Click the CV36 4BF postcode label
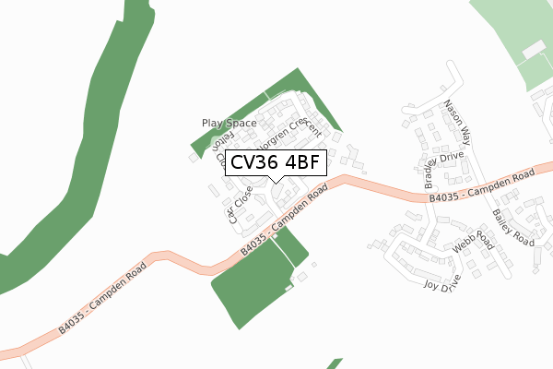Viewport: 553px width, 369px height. pyautogui.click(x=276, y=163)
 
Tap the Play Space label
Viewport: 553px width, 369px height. pyautogui.click(x=229, y=123)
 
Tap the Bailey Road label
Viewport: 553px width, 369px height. pyautogui.click(x=512, y=227)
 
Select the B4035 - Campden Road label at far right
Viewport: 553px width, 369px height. pyautogui.click(x=482, y=187)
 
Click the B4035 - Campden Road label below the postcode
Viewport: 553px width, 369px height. pyautogui.click(x=284, y=220)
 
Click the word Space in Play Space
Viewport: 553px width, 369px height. pyautogui.click(x=243, y=123)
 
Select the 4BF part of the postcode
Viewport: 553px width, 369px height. pyautogui.click(x=302, y=163)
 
